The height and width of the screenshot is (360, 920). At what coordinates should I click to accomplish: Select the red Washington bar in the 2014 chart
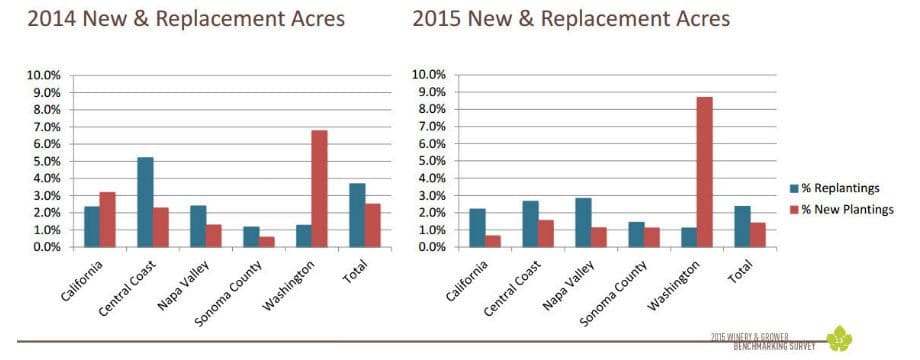[x=319, y=188]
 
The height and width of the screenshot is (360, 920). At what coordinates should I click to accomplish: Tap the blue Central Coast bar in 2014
[x=145, y=202]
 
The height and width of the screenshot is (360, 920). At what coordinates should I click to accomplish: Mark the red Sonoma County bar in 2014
[x=266, y=241]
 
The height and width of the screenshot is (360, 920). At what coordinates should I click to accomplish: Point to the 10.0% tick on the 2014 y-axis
[x=48, y=75]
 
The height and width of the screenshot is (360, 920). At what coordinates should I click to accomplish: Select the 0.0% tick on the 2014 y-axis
[x=48, y=247]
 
